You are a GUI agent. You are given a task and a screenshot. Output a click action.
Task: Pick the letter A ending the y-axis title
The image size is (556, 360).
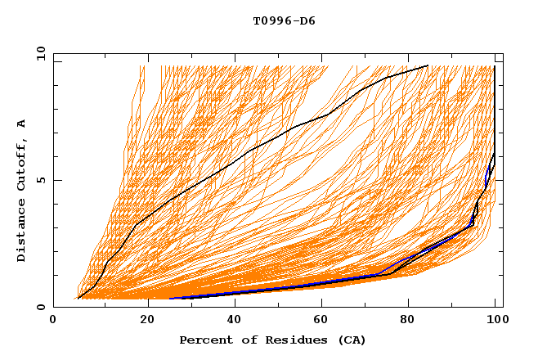coord(21,124)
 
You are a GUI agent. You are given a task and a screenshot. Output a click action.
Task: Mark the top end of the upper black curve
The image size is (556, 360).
coord(427,65)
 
